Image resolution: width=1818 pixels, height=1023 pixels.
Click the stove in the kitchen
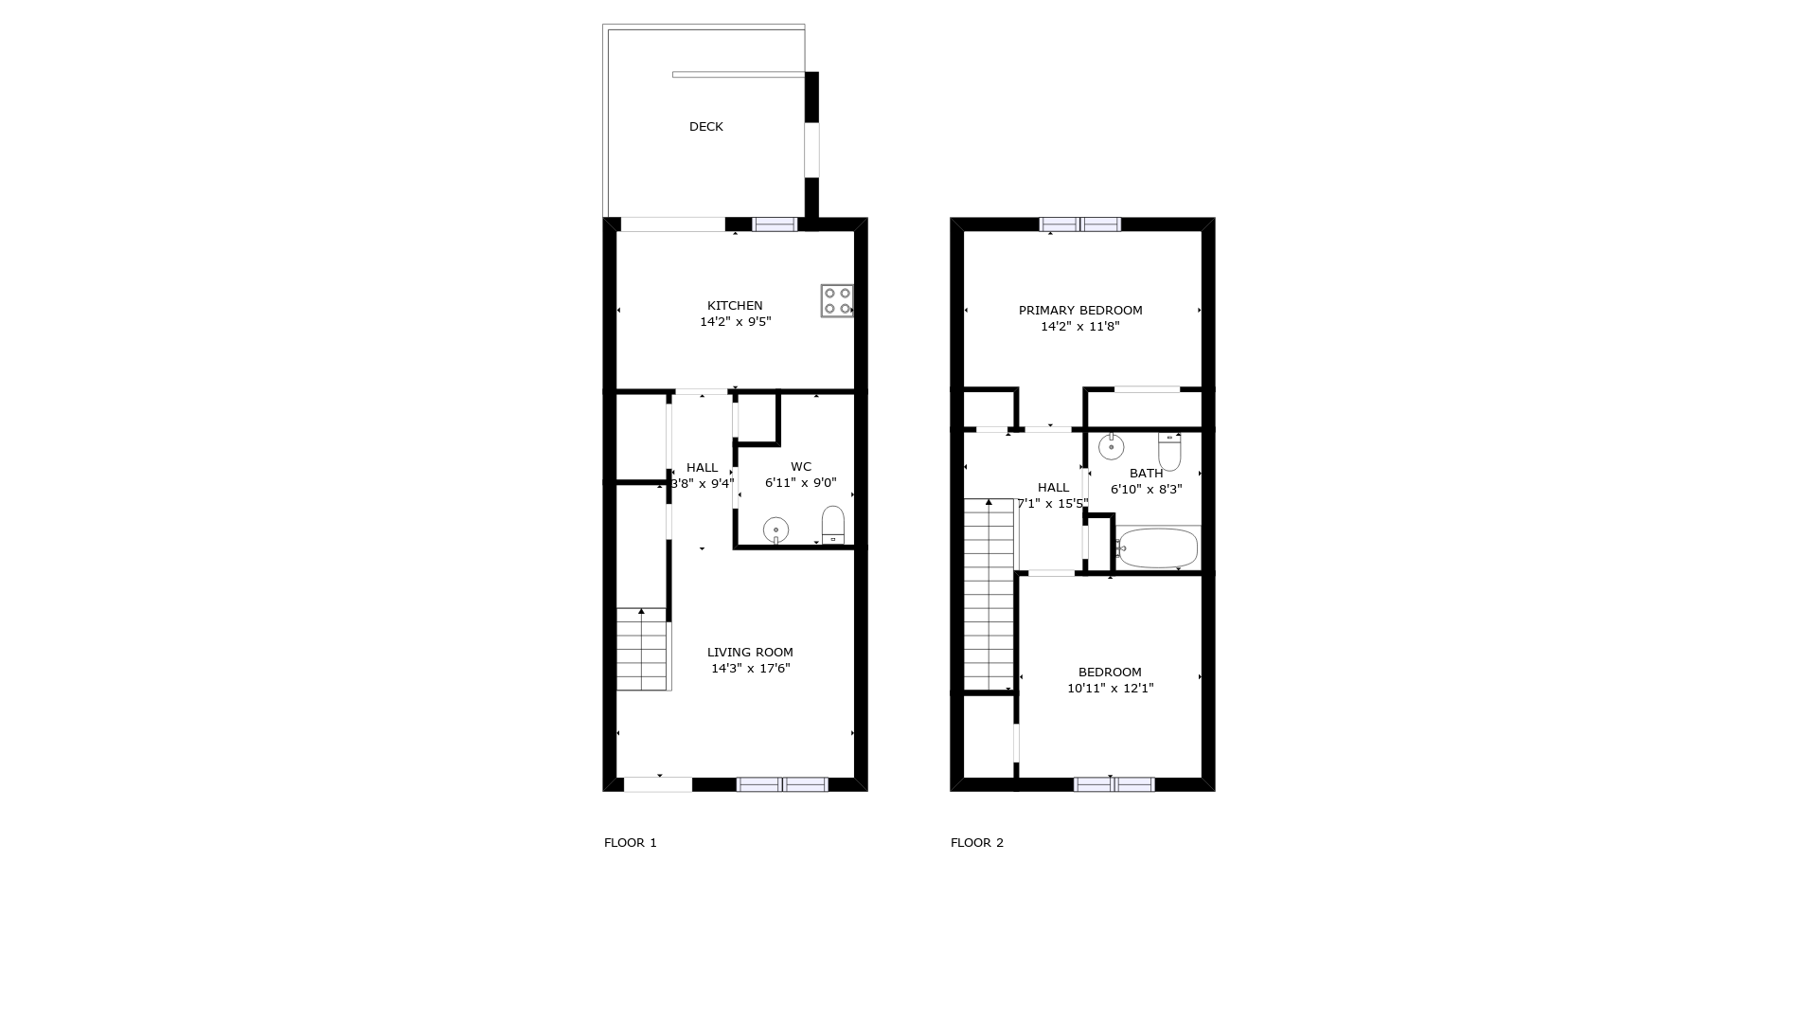pos(837,300)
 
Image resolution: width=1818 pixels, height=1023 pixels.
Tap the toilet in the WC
pos(833,525)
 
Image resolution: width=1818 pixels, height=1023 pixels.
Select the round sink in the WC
pos(775,529)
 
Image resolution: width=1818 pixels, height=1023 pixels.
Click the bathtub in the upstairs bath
pos(1158,548)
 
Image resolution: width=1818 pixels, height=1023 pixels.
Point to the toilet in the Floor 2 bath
pos(1169,452)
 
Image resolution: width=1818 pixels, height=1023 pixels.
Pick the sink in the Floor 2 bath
pos(1111,446)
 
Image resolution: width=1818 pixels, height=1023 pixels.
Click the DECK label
pos(706,127)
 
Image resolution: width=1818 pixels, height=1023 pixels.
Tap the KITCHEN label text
pos(735,306)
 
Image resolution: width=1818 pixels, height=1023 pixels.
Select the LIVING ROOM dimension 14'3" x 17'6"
pos(751,669)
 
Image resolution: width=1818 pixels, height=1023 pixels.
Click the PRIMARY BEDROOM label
pos(1080,311)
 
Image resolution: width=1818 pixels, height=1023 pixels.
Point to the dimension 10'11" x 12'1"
pos(1111,689)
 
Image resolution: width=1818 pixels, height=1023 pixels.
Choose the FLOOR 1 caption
pos(631,843)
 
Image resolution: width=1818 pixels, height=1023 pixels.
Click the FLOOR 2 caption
pos(977,843)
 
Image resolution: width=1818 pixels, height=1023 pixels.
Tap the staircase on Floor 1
pos(642,649)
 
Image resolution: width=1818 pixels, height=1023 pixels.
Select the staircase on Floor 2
pos(989,595)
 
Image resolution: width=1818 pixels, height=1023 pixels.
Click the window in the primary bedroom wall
pos(1080,224)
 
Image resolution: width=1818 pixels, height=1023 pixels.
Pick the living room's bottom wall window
pos(782,784)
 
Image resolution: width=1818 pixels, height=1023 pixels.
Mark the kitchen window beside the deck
pos(775,224)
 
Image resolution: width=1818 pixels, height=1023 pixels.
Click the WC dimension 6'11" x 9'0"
pos(801,483)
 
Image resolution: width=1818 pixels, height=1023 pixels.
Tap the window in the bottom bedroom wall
pos(1114,784)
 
